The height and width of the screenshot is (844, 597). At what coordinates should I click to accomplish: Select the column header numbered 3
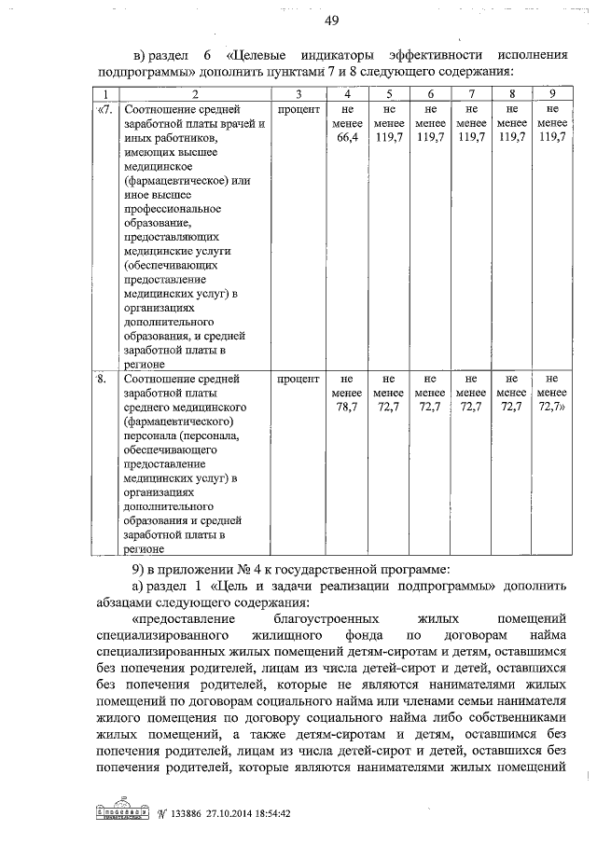pyautogui.click(x=298, y=94)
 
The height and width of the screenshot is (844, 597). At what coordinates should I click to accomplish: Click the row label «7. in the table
pyautogui.click(x=105, y=109)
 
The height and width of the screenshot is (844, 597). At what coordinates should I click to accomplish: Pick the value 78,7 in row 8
pyautogui.click(x=346, y=408)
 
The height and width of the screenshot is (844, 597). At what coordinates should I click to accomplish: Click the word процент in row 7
pyautogui.click(x=298, y=109)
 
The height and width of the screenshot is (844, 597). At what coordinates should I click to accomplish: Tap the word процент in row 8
pyautogui.click(x=298, y=380)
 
